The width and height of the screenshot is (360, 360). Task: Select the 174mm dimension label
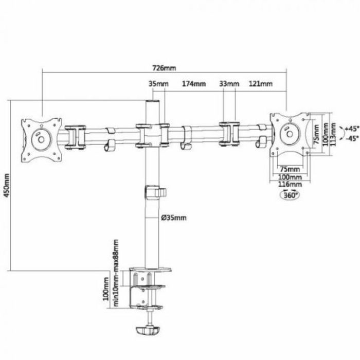click(x=194, y=83)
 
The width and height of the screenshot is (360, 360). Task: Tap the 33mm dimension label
click(x=229, y=83)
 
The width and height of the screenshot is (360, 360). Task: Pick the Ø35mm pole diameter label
click(x=173, y=218)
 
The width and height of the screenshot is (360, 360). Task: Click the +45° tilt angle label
click(x=337, y=128)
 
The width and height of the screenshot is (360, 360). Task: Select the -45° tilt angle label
click(x=337, y=138)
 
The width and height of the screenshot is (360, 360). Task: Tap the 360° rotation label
click(x=288, y=194)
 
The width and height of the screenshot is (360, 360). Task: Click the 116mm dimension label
click(x=289, y=184)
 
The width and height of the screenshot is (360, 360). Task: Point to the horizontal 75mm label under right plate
click(x=289, y=169)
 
